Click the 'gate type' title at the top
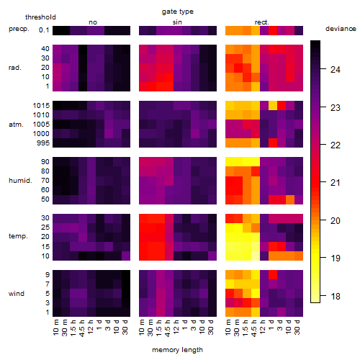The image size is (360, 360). (x=178, y=12)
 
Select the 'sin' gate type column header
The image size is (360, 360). (x=177, y=22)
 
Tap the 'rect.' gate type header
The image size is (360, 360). (x=262, y=22)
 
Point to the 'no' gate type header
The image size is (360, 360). (x=93, y=22)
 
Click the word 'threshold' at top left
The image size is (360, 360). (x=40, y=17)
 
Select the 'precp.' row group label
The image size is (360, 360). (x=19, y=29)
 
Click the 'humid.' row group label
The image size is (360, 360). (x=20, y=181)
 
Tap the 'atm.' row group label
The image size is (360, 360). (x=16, y=125)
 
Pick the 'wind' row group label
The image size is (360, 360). (x=17, y=294)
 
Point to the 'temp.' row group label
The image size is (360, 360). (x=18, y=236)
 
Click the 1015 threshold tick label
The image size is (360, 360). (x=41, y=106)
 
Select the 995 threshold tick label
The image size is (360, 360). (x=43, y=143)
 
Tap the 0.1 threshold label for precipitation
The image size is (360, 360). (x=44, y=30)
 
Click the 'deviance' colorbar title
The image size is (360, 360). (x=341, y=29)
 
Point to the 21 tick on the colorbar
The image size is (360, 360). (x=336, y=183)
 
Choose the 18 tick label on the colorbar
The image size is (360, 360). (x=336, y=297)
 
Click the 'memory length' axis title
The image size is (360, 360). (x=178, y=350)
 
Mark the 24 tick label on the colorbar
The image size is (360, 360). (x=336, y=70)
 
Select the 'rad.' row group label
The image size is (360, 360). (x=15, y=68)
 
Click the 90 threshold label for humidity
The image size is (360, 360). (x=45, y=162)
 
